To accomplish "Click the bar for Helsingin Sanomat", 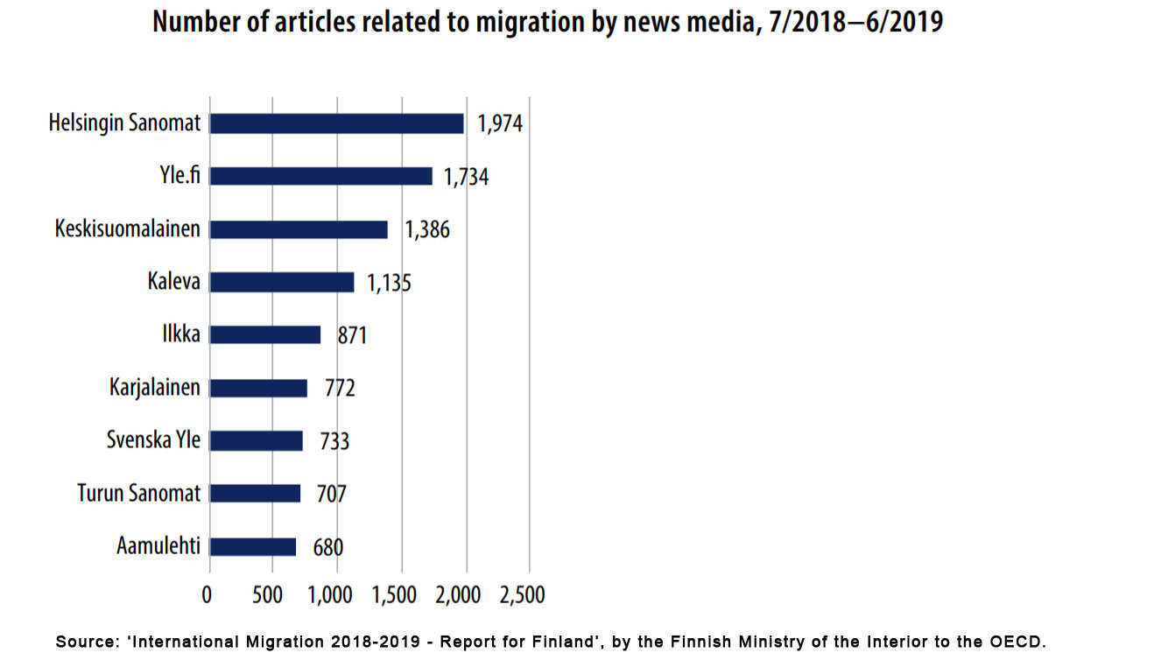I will pyautogui.click(x=337, y=123).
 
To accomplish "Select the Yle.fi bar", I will pyautogui.click(x=321, y=176).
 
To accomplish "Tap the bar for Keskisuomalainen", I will pyautogui.click(x=299, y=229).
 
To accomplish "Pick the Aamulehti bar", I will pyautogui.click(x=253, y=547).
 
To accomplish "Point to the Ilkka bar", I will pyautogui.click(x=265, y=334).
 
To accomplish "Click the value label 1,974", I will pyautogui.click(x=500, y=124).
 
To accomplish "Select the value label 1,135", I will pyautogui.click(x=389, y=283).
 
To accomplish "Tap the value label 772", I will pyautogui.click(x=340, y=388).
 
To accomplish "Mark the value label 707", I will pyautogui.click(x=331, y=495).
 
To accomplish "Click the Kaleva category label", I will pyautogui.click(x=174, y=282).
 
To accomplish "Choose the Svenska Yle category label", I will pyautogui.click(x=153, y=439).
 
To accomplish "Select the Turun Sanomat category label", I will pyautogui.click(x=139, y=494).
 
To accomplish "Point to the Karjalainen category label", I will pyautogui.click(x=155, y=387).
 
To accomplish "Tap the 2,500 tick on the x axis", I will pyautogui.click(x=522, y=596).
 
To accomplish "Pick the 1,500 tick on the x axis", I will pyautogui.click(x=394, y=596).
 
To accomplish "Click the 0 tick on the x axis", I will pyautogui.click(x=208, y=596).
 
